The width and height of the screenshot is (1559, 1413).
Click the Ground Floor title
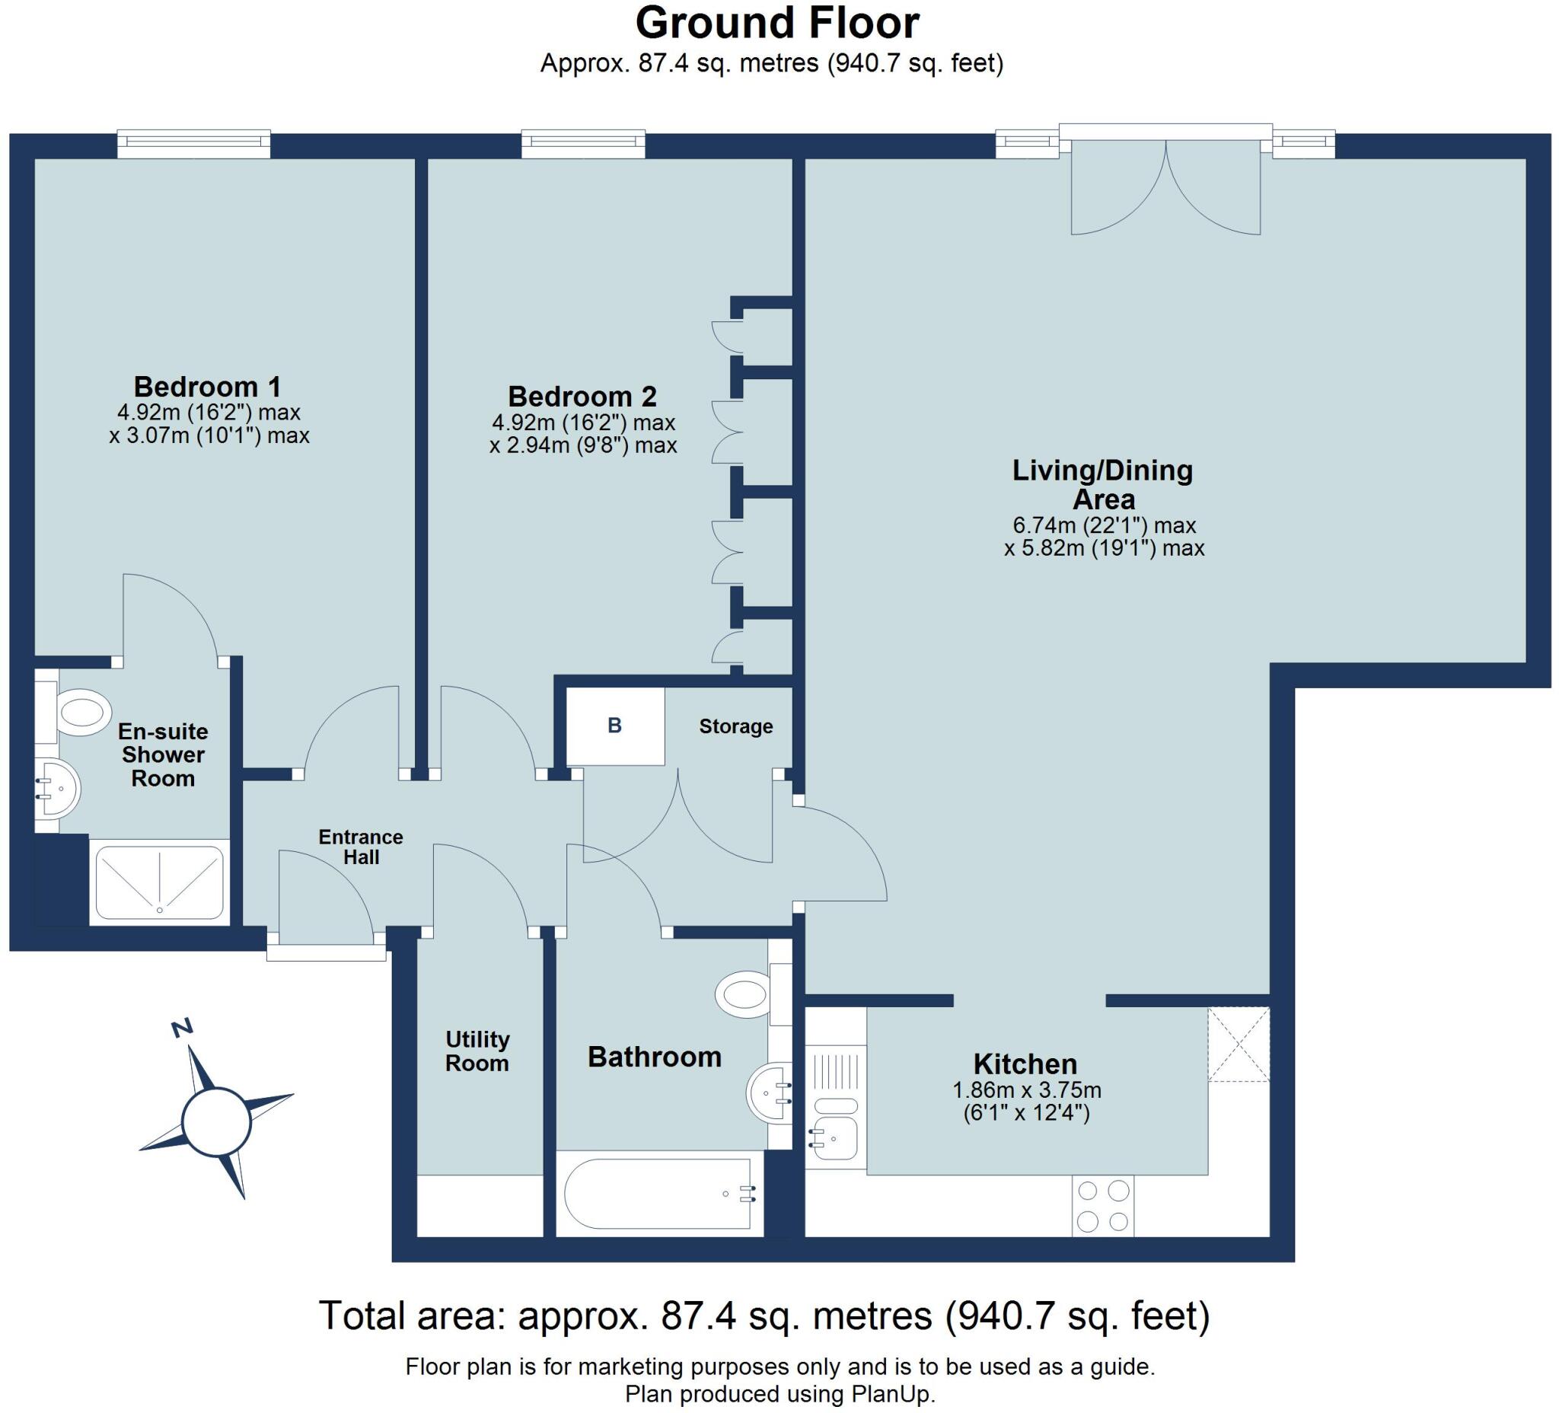coord(777,23)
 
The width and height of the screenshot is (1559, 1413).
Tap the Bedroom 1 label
coord(208,386)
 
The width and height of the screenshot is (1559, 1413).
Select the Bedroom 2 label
coord(582,396)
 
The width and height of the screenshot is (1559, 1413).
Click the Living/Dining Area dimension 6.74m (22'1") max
coord(1105,525)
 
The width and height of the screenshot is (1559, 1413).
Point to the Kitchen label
coord(1025,1064)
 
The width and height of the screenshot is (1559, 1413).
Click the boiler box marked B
coord(616,726)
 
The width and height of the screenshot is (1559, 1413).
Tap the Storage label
coord(735,726)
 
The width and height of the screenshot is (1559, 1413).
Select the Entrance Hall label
coord(361,847)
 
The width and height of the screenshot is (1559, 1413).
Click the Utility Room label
coord(477,1051)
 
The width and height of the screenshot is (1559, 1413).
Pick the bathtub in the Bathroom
coord(659,1195)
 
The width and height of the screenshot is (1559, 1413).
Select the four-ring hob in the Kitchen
coord(1103,1206)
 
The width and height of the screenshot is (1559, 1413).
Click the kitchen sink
coord(835,1137)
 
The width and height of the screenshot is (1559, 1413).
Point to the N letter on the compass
coord(182,1029)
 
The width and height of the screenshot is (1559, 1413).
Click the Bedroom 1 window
coord(194,144)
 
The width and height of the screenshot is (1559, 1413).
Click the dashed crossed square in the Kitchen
coord(1239,1044)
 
